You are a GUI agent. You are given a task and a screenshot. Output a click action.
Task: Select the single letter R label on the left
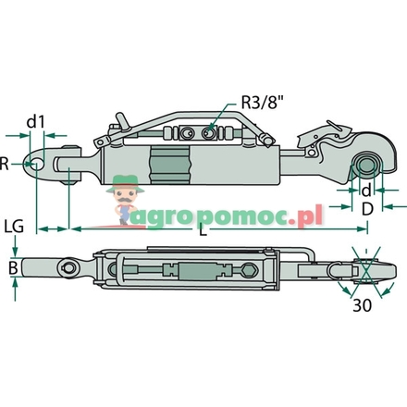click(6, 164)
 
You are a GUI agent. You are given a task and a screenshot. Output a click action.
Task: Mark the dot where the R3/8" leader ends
click(215, 130)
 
